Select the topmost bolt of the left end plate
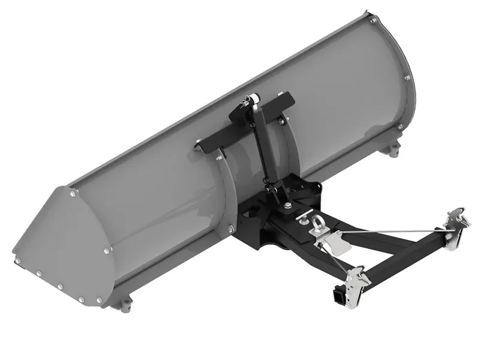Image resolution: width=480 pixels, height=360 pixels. (73, 193)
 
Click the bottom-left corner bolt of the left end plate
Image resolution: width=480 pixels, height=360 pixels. (18, 260)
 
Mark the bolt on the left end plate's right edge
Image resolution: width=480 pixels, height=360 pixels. (106, 251)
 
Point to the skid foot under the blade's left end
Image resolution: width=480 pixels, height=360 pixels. (125, 305)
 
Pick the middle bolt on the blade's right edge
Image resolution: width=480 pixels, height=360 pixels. (407, 77)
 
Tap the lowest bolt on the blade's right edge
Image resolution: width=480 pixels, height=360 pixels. (400, 127)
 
